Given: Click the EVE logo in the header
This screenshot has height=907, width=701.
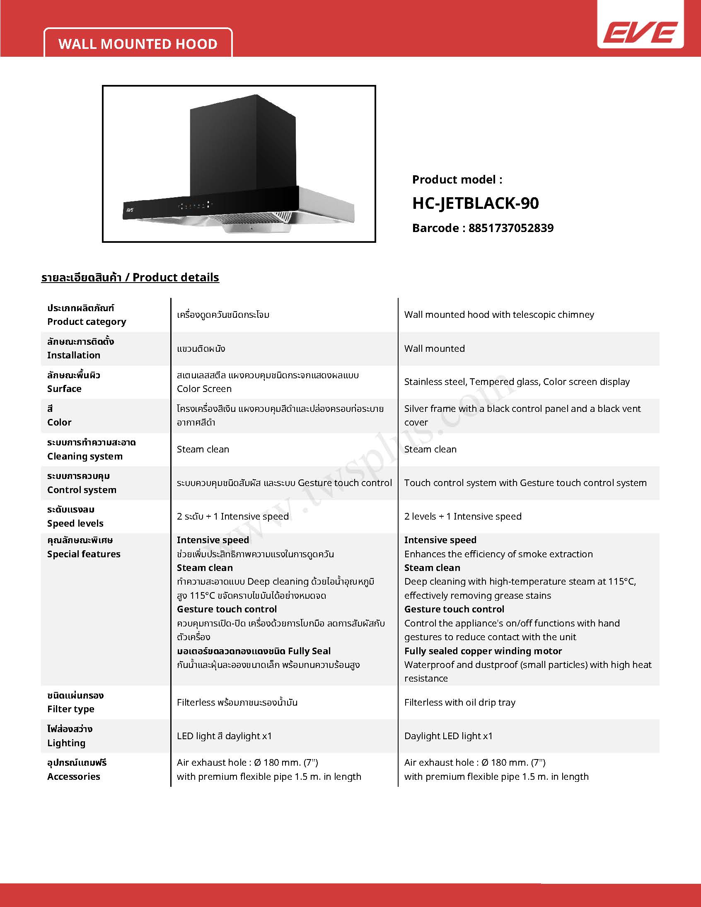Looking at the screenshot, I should click(x=640, y=32).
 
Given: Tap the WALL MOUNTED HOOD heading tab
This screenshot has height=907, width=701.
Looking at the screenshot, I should click(x=138, y=44).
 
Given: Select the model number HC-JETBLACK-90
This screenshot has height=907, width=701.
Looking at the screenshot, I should click(x=476, y=203).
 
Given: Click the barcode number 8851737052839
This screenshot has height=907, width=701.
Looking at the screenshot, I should click(x=511, y=228).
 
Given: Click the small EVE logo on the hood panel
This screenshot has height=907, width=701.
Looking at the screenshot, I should click(x=130, y=210).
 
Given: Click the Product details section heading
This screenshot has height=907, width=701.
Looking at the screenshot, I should click(x=130, y=278).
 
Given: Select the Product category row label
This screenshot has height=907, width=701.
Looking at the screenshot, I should click(x=86, y=322).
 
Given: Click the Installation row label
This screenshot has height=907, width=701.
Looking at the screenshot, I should click(x=73, y=355).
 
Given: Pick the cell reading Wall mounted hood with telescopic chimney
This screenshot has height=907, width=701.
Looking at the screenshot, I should click(x=499, y=314).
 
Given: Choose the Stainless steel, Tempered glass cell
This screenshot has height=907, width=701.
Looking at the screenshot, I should click(x=517, y=382).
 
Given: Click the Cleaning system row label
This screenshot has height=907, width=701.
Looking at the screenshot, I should click(x=85, y=456).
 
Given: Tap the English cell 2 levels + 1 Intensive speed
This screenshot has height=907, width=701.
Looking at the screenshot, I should click(x=463, y=516).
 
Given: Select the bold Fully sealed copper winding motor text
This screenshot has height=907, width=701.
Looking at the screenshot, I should click(x=483, y=651).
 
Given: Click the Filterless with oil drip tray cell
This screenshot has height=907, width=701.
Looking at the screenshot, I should click(x=460, y=702).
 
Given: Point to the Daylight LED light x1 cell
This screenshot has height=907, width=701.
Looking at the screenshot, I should click(x=448, y=736).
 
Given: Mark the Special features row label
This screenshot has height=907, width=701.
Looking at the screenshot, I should click(x=83, y=554).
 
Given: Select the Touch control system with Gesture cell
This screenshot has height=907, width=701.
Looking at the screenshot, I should click(x=525, y=483).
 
